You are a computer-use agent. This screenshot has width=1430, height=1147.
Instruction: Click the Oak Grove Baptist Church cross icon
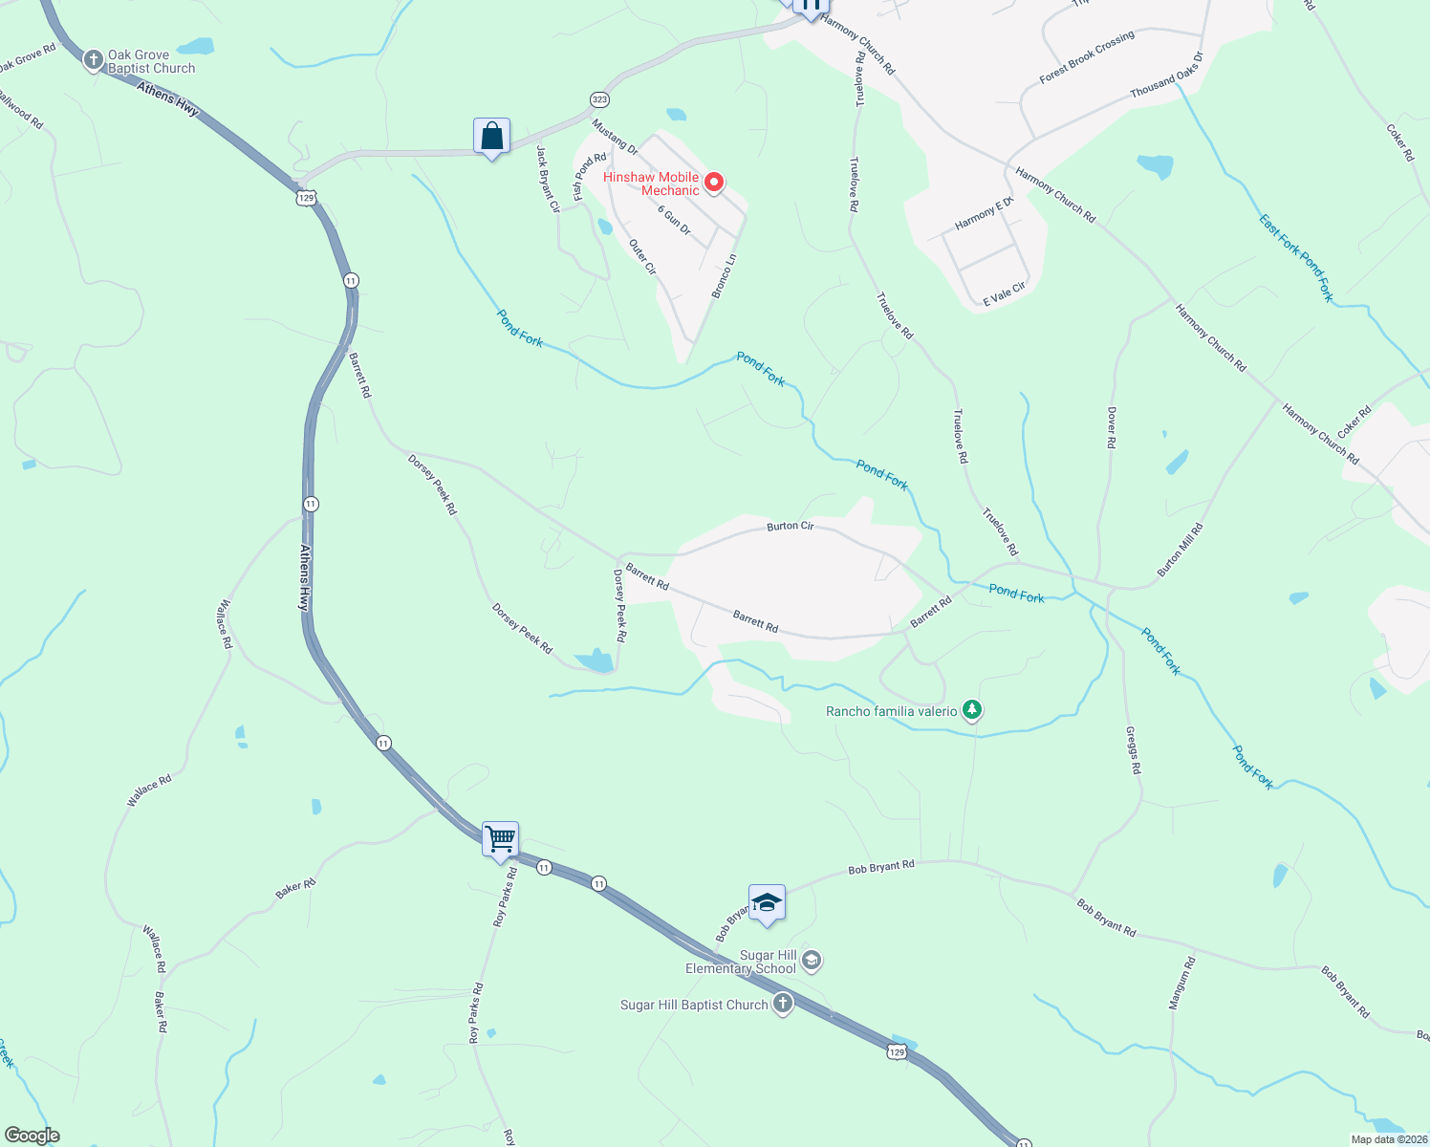93,61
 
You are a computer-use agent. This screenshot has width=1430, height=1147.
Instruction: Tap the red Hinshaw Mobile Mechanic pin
714,183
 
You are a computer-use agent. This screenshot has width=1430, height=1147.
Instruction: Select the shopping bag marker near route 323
491,137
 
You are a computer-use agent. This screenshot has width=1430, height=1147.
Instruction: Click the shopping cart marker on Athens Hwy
500,840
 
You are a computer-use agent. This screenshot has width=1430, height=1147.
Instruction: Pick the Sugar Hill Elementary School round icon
811,961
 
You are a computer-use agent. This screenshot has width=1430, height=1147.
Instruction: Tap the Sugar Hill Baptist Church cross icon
783,1004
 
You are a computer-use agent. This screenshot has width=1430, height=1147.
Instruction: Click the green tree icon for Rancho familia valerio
972,710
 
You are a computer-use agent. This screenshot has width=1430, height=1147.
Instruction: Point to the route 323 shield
599,99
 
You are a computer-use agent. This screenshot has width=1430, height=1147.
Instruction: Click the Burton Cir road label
790,527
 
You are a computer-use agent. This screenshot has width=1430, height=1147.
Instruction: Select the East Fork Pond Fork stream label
1295,258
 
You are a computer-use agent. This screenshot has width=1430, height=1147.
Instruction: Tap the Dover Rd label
1112,427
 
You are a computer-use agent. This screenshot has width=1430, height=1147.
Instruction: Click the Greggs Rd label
1133,750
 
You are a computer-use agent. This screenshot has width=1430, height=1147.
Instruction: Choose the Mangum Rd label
1182,984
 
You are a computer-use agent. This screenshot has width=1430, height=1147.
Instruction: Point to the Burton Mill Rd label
1181,550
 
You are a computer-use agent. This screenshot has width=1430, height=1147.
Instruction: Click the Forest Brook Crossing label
1087,56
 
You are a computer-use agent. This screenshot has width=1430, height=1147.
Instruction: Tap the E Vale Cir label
1004,294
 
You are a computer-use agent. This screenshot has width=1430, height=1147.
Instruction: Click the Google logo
32,1136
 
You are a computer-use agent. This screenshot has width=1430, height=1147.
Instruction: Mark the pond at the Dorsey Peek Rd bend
596,660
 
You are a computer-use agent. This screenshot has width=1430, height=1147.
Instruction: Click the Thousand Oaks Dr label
1166,76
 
